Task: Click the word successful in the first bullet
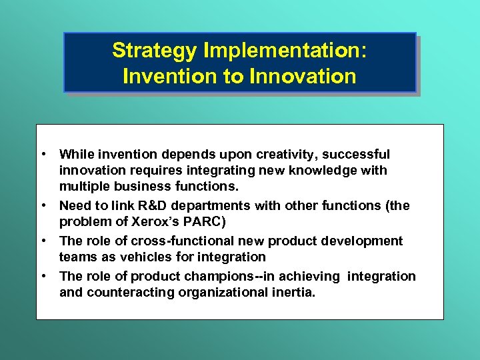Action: coord(357,155)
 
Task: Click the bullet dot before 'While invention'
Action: coord(43,155)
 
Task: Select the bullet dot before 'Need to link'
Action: coord(43,206)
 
